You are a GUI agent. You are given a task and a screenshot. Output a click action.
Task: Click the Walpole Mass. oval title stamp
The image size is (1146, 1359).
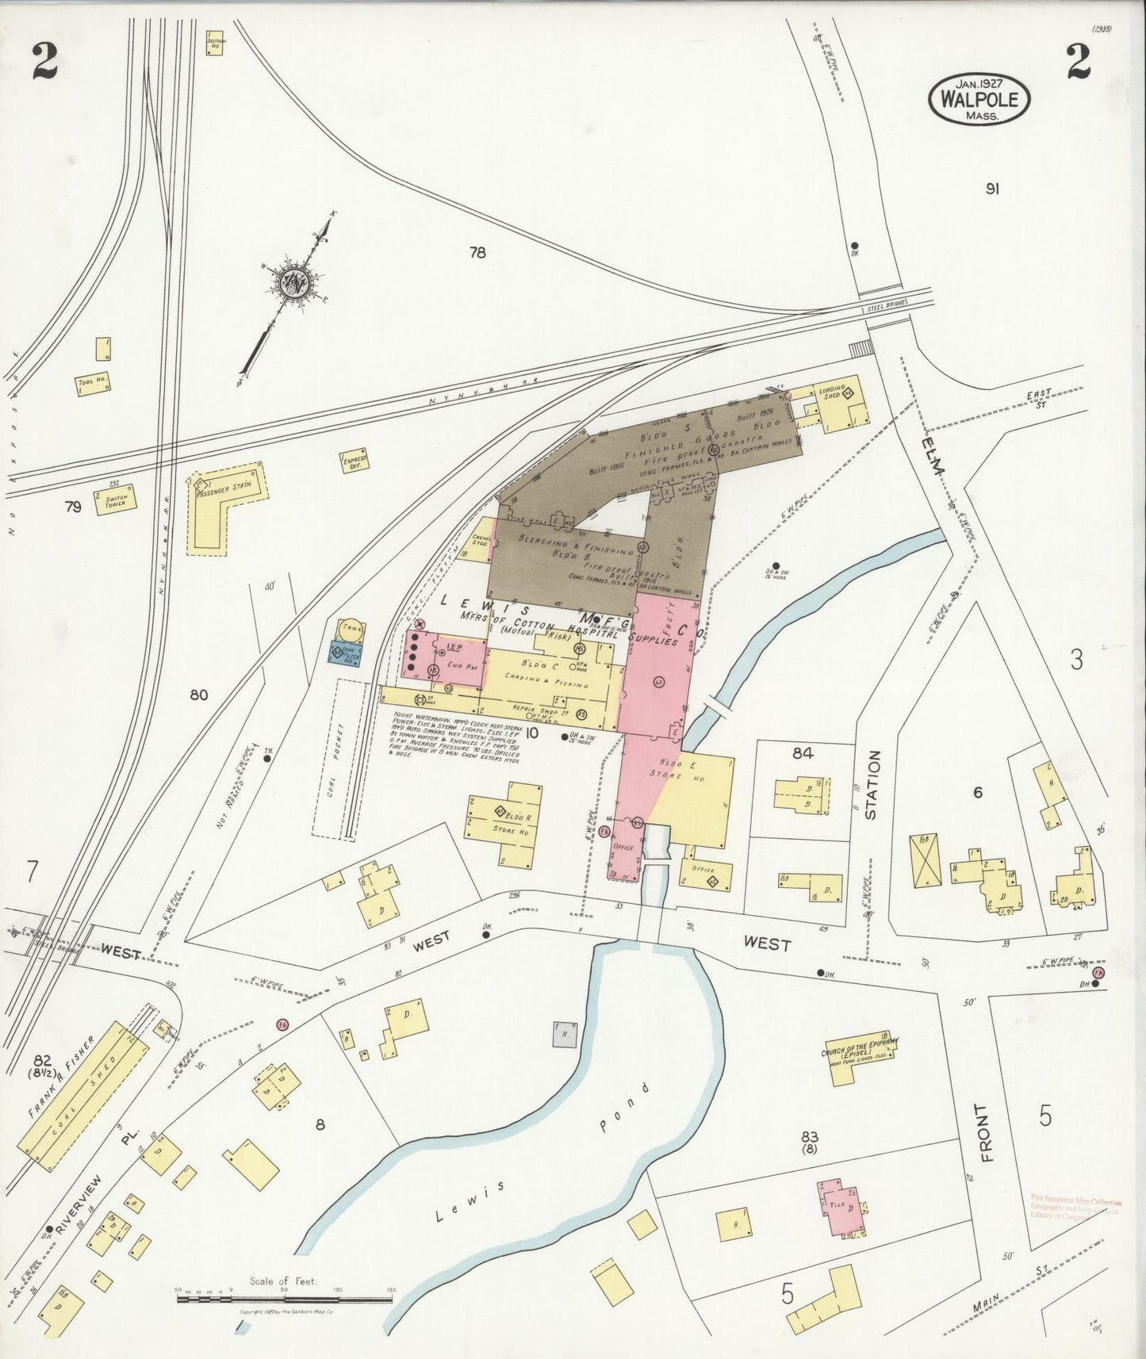point(980,99)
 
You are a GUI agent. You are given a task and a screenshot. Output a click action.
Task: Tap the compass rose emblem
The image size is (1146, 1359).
point(293,281)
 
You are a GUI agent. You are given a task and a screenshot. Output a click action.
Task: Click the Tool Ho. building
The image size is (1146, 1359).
point(93,382)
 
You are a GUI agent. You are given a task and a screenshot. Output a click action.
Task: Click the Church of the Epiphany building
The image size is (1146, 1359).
point(860,1055)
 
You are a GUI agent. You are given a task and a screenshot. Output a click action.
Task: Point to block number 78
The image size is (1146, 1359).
point(477,253)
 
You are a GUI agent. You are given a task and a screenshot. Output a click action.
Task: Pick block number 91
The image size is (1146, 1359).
point(991,189)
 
